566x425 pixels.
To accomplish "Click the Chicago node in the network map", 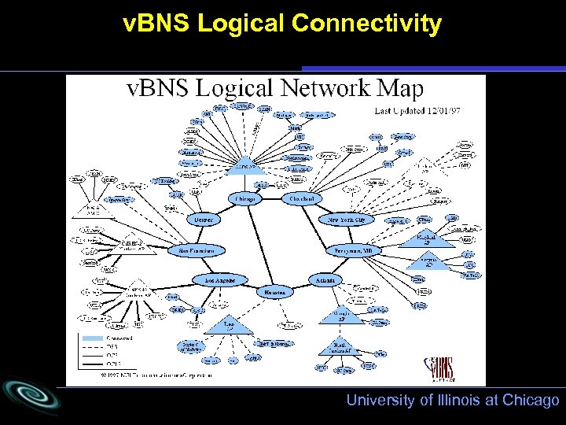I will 244,199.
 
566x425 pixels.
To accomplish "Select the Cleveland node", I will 302,198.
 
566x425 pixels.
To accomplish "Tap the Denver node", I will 204,220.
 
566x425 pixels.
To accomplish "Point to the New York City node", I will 346,220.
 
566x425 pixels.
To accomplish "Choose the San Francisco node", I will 197,250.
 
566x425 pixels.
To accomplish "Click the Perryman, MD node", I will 353,250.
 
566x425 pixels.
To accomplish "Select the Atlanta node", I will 325,279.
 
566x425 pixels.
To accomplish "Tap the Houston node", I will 274,292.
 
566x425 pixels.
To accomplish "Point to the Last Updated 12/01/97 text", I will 417,111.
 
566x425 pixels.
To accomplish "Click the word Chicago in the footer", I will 531,401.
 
